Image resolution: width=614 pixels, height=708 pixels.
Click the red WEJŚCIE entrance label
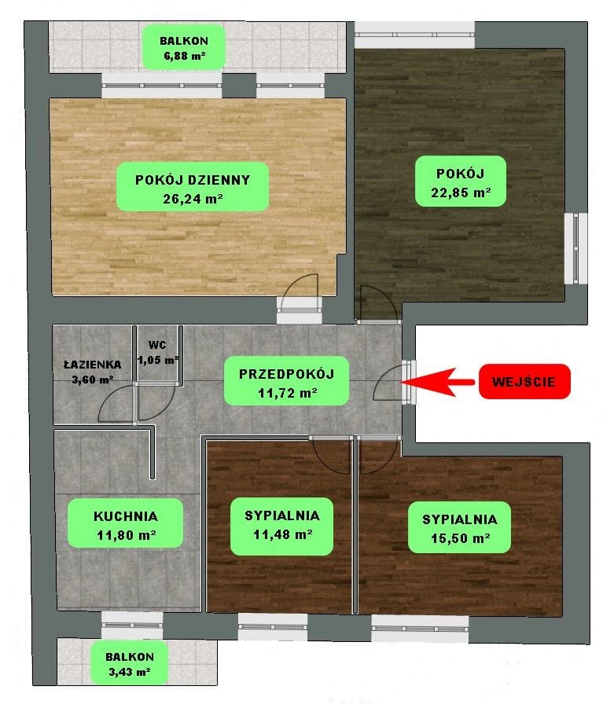[524, 382]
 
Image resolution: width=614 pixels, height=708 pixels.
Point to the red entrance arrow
[437, 382]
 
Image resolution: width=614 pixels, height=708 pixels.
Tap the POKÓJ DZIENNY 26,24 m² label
[193, 187]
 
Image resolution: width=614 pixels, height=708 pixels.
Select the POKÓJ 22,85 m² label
[461, 182]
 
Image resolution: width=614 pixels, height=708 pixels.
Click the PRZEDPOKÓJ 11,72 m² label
[286, 381]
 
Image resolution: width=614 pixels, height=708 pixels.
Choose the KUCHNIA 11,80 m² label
[126, 523]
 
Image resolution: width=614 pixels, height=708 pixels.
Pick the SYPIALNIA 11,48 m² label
[282, 526]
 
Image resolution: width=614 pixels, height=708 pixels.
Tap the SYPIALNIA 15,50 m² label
[459, 527]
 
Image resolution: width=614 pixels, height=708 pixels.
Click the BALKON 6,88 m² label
[184, 47]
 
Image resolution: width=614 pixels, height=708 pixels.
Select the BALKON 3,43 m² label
[130, 664]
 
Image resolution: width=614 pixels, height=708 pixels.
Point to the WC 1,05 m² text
[158, 353]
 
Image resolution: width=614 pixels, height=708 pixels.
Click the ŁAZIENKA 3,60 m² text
[93, 372]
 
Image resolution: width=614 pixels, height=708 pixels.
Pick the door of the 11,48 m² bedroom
[331, 457]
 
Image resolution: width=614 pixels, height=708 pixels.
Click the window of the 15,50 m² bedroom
[420, 628]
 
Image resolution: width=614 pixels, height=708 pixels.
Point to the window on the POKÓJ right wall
[576, 248]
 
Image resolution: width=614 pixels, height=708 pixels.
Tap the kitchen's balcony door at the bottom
[132, 625]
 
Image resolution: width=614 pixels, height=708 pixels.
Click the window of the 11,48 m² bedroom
[273, 626]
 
